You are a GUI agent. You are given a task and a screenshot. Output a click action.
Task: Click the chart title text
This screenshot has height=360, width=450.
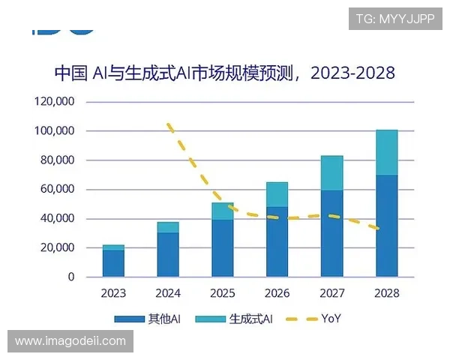(224, 73)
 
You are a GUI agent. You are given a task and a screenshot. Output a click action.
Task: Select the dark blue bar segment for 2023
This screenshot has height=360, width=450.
(113, 263)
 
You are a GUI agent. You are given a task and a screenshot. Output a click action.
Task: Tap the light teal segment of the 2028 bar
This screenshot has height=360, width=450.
(386, 152)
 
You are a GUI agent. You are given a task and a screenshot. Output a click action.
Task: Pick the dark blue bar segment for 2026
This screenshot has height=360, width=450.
(277, 241)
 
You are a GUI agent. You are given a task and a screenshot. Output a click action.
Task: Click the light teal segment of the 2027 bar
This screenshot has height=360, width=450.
(331, 172)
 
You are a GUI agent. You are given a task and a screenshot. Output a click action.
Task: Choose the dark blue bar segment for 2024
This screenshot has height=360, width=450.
(168, 254)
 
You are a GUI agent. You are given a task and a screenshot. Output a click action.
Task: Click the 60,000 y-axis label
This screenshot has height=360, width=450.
(58, 190)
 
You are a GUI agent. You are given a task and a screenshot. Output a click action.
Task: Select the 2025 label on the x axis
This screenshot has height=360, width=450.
(222, 292)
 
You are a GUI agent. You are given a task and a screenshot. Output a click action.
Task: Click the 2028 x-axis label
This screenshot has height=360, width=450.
(386, 292)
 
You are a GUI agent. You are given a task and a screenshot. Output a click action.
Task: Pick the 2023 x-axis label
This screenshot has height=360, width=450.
(113, 292)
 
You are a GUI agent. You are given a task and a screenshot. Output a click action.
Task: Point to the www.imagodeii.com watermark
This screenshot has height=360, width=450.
(70, 341)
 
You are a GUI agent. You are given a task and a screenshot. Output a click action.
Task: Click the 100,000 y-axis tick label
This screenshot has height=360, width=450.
(55, 131)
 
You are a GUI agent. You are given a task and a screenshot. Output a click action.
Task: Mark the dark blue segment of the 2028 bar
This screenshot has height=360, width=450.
(386, 226)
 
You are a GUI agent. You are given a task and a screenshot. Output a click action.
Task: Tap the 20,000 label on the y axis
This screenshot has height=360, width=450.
(58, 248)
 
